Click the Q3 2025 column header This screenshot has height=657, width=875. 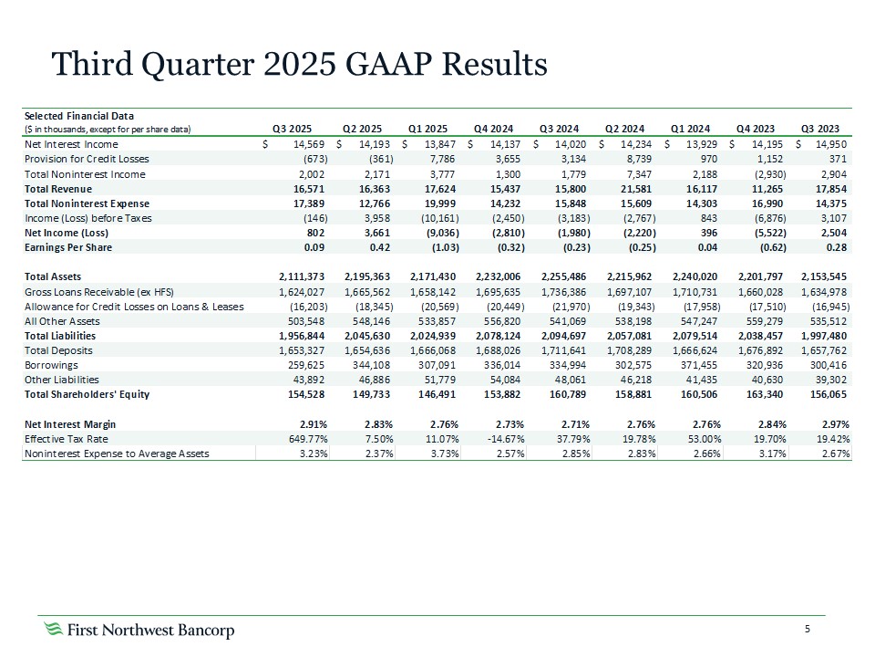[293, 129]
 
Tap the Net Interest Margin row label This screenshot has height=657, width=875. [70, 424]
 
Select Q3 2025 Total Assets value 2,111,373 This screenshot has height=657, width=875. [287, 276]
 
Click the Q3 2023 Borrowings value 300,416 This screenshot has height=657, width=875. [829, 364]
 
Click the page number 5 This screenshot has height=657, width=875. [808, 629]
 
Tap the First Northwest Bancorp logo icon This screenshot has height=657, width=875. [55, 630]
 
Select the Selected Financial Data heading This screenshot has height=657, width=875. [78, 116]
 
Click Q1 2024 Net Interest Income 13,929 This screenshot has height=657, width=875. [700, 144]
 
